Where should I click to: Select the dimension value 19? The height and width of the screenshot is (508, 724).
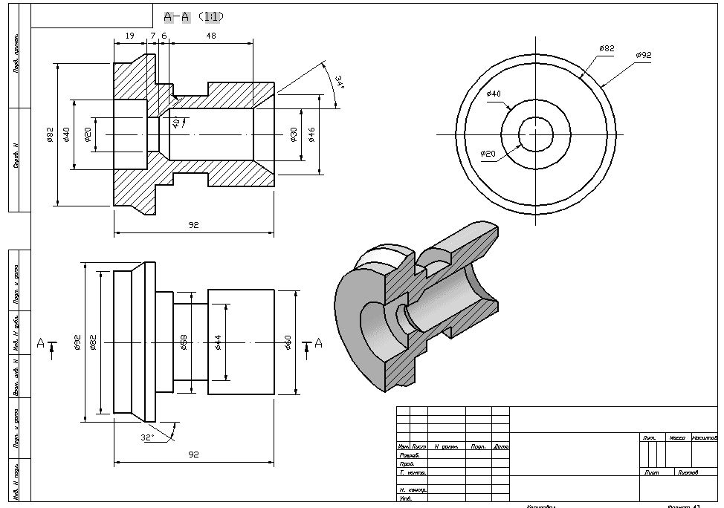pyautogui.click(x=129, y=36)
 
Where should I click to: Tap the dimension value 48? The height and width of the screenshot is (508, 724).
pyautogui.click(x=211, y=36)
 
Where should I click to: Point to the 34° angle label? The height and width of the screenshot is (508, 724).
pyautogui.click(x=339, y=82)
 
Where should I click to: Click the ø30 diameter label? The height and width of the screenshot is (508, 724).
pyautogui.click(x=294, y=134)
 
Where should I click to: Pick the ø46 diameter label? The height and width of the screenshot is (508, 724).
pyautogui.click(x=312, y=134)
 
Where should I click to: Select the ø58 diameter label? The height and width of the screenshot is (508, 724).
pyautogui.click(x=183, y=342)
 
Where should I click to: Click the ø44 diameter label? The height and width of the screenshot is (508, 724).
pyautogui.click(x=218, y=342)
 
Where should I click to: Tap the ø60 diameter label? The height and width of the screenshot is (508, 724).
pyautogui.click(x=288, y=342)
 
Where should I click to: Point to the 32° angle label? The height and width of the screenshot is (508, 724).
pyautogui.click(x=147, y=437)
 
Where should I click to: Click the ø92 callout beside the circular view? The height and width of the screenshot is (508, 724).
pyautogui.click(x=644, y=55)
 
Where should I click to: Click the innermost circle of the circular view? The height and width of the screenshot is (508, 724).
pyautogui.click(x=535, y=134)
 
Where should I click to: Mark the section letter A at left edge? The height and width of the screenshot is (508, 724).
pyautogui.click(x=40, y=342)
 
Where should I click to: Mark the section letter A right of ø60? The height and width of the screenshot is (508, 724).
pyautogui.click(x=319, y=342)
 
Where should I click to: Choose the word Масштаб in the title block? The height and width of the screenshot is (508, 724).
pyautogui.click(x=704, y=438)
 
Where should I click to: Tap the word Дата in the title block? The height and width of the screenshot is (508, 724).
pyautogui.click(x=501, y=447)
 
